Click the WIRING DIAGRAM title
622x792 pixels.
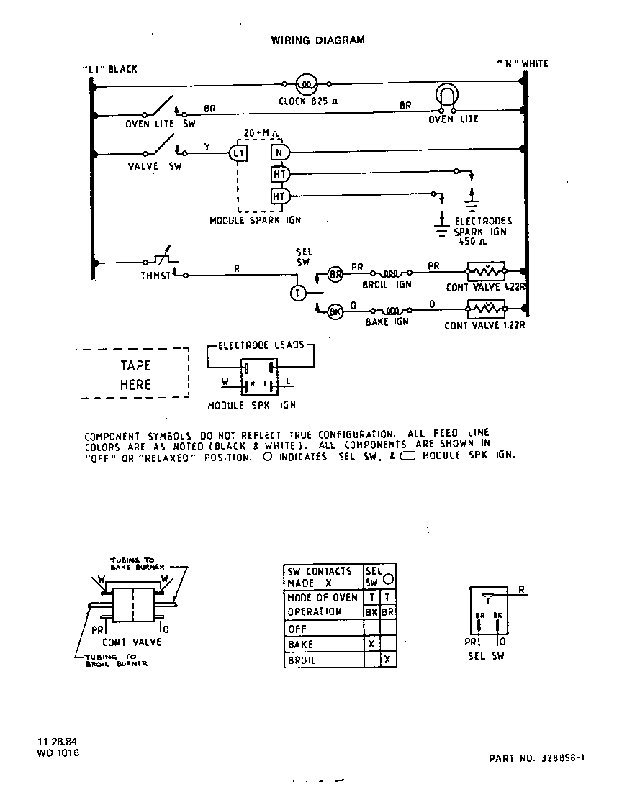317,40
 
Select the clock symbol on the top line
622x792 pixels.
305,84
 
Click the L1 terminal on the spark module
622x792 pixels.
238,153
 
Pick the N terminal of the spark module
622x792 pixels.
279,153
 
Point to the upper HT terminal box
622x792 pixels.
279,173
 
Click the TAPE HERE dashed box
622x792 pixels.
135,374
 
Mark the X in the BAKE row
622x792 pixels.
371,644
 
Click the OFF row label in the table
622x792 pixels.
297,628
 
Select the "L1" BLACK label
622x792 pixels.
109,70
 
